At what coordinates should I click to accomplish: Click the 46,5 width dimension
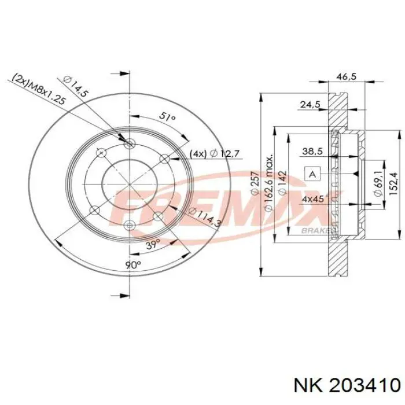coord(347,76)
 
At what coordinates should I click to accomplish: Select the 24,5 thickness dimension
coord(310,104)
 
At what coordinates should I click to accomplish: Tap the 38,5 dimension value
coord(312,152)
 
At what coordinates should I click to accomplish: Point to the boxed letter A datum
coord(312,174)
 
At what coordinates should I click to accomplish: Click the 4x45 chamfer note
coord(314,199)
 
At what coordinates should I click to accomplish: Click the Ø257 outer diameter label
coord(255,182)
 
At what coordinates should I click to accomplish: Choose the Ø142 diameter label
coord(282,182)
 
